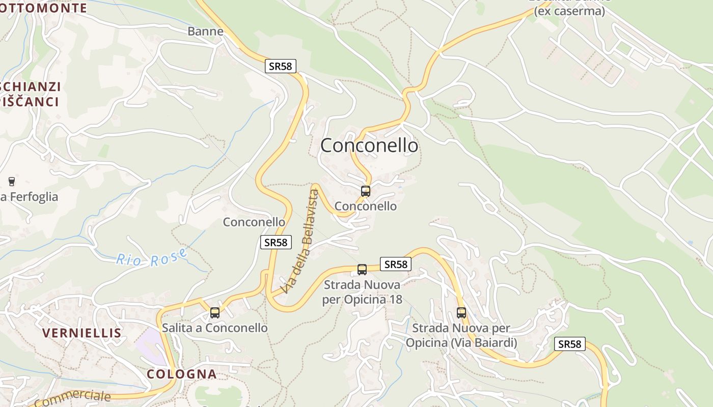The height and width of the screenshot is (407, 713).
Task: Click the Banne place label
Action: click(x=205, y=31)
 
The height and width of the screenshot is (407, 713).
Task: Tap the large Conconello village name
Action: click(x=369, y=146)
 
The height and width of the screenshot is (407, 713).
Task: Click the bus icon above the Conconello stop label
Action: click(x=365, y=191)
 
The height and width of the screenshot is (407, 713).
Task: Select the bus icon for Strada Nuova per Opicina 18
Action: click(x=362, y=269)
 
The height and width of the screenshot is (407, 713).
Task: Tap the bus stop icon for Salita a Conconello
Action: click(x=215, y=312)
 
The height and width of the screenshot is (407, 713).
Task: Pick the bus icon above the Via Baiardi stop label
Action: click(x=461, y=313)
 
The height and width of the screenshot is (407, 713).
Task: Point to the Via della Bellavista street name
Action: click(x=303, y=241)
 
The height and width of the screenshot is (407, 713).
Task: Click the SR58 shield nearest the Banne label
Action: click(x=280, y=66)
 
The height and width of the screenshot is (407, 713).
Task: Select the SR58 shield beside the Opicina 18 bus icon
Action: click(x=396, y=264)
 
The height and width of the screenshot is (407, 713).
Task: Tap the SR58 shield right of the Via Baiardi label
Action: click(x=569, y=344)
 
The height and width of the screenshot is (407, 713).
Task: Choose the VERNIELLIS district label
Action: click(x=81, y=333)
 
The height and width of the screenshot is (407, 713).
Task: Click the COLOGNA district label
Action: click(x=181, y=374)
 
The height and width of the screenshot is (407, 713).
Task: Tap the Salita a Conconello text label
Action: click(x=214, y=328)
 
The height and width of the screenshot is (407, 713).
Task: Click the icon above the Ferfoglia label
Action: click(x=12, y=181)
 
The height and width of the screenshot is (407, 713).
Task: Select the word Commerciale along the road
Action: click(x=73, y=398)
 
